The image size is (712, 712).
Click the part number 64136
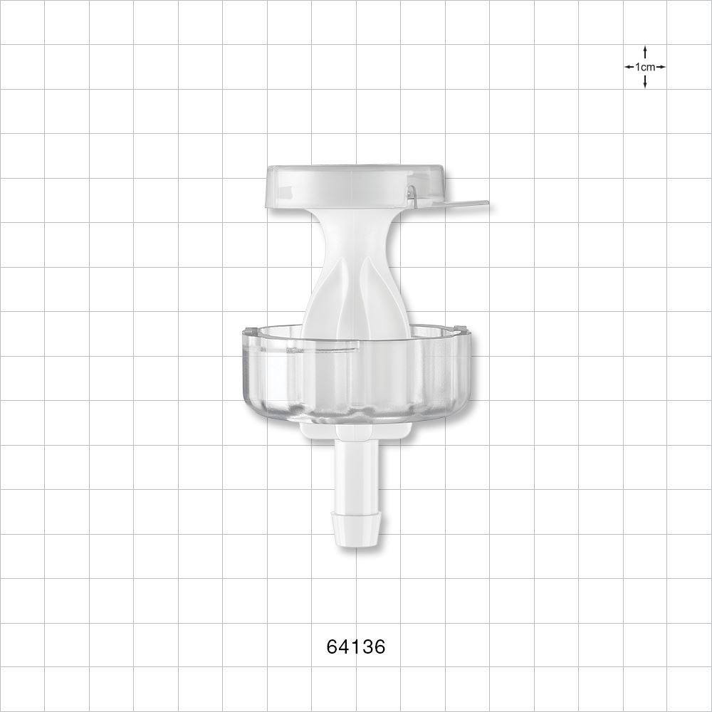pyautogui.click(x=356, y=646)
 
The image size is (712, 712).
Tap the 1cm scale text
pyautogui.click(x=645, y=67)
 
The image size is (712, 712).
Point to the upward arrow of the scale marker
pyautogui.click(x=645, y=51)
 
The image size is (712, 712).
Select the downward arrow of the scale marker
pyautogui.click(x=645, y=83)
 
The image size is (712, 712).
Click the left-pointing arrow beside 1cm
pyautogui.click(x=629, y=67)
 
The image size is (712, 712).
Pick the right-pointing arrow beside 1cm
pyautogui.click(x=661, y=67)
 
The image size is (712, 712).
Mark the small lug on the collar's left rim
pyautogui.click(x=249, y=330)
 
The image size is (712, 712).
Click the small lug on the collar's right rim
pyautogui.click(x=461, y=330)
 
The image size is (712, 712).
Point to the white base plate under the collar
pyautogui.click(x=313, y=429)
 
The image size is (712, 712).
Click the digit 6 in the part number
pyautogui.click(x=332, y=646)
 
